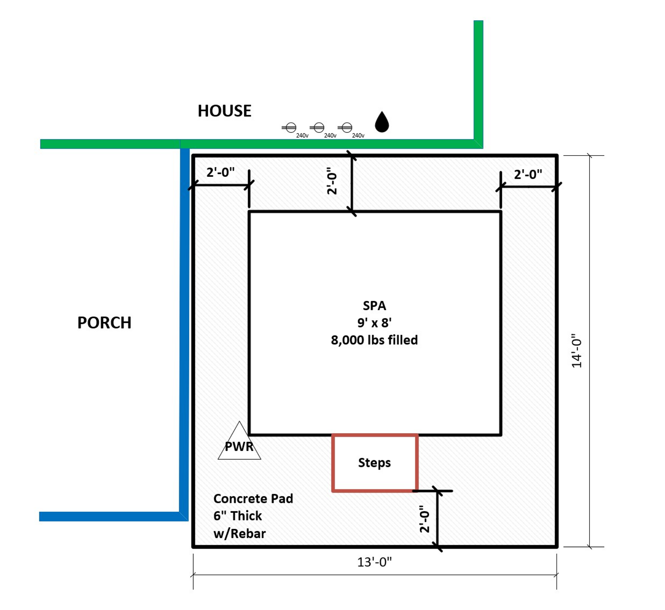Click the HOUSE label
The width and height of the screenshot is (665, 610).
click(224, 111)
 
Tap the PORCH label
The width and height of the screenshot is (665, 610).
click(104, 323)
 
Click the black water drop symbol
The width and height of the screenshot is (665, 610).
click(382, 122)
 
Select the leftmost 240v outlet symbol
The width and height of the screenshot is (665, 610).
click(291, 127)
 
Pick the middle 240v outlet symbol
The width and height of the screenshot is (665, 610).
click(318, 127)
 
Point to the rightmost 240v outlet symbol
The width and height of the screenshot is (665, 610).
click(347, 127)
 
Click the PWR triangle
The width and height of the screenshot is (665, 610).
click(239, 444)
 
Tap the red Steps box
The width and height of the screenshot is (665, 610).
click(374, 463)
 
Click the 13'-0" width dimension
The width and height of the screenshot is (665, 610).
click(374, 562)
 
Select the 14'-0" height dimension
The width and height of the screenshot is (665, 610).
click(577, 351)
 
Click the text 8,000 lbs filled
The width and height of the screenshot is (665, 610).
click(374, 340)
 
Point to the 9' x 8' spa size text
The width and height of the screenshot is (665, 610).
click(374, 323)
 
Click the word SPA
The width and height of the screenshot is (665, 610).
click(374, 305)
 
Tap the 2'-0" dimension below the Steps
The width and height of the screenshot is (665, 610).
click(424, 519)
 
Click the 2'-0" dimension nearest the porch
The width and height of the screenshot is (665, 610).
click(220, 172)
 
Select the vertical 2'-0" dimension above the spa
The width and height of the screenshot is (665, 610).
click(332, 181)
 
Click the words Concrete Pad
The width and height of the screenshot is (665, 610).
click(253, 498)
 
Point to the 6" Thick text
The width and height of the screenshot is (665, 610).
click(238, 516)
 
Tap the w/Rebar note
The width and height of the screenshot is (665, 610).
click(239, 533)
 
